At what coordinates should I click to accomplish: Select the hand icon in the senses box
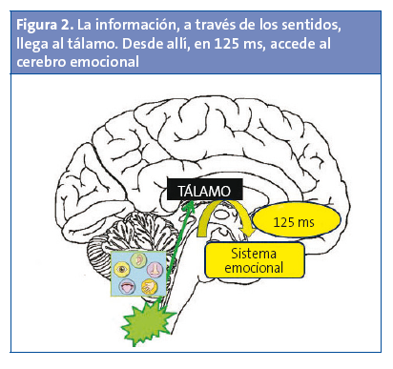(x=150, y=286)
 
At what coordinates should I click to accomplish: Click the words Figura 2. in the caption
(x=42, y=21)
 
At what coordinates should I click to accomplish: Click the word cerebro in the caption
(x=41, y=63)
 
